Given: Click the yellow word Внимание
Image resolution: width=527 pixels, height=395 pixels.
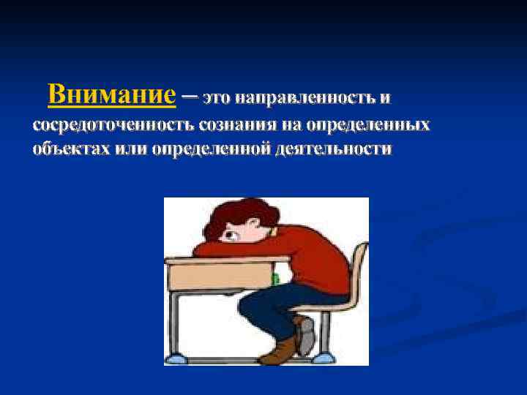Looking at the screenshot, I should [x=112, y=95].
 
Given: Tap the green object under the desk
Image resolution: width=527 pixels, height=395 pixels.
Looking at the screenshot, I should [x=275, y=278].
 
